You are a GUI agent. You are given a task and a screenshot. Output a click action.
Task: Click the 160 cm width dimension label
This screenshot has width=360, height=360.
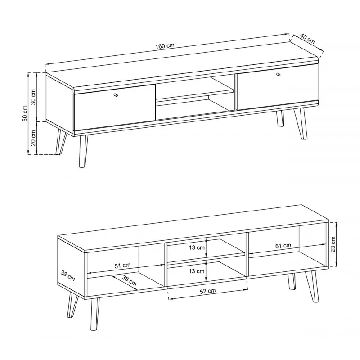point(165,46)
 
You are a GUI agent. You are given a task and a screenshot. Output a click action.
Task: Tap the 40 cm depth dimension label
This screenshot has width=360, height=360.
point(307,39)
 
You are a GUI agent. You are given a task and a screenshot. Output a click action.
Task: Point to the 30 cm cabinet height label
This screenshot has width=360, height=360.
point(33,97)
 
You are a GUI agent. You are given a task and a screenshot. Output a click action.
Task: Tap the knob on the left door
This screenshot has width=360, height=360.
point(116,95)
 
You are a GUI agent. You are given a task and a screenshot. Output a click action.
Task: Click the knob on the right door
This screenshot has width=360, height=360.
point(279,74)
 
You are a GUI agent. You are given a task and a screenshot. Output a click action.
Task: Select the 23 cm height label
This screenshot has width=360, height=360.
point(333,244)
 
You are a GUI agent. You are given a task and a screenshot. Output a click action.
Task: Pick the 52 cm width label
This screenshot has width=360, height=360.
point(208,291)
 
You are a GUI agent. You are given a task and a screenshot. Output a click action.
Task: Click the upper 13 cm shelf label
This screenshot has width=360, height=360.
point(197,247)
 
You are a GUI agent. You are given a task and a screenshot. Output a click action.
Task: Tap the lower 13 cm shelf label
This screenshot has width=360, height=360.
point(197,271)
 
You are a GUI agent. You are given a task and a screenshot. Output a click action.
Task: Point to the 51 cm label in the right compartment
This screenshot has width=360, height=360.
point(283,246)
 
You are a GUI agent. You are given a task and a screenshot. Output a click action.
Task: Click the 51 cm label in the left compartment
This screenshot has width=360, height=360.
point(122,265)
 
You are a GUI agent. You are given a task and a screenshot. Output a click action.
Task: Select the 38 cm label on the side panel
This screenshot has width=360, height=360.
point(68,275)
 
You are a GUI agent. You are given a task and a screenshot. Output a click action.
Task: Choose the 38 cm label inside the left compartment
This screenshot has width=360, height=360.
point(129,280)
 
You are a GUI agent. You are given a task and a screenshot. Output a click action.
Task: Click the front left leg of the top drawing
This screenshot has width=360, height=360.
point(83,151)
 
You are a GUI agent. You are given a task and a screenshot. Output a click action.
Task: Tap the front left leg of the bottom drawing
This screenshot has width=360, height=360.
point(94,314)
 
